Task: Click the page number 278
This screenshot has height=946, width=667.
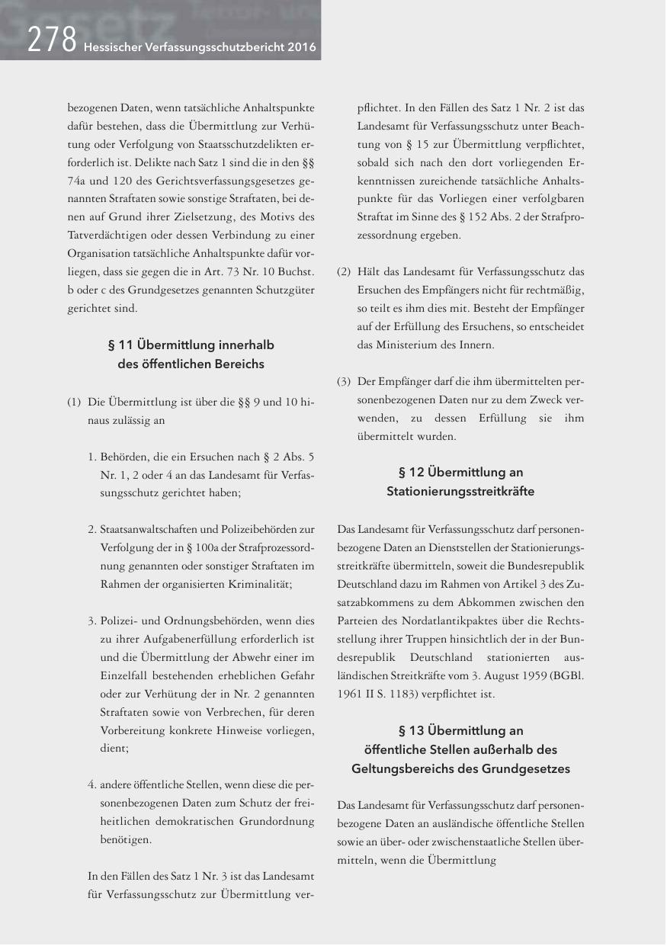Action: point(50,40)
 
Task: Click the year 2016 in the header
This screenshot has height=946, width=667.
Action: point(301,46)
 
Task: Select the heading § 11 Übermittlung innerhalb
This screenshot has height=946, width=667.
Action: point(191,345)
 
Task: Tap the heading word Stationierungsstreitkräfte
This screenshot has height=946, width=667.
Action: point(460,492)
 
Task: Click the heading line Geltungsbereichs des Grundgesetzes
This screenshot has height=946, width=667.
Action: point(460,768)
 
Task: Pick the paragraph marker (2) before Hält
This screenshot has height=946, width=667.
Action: point(345,271)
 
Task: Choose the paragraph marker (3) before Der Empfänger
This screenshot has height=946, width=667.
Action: point(345,381)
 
